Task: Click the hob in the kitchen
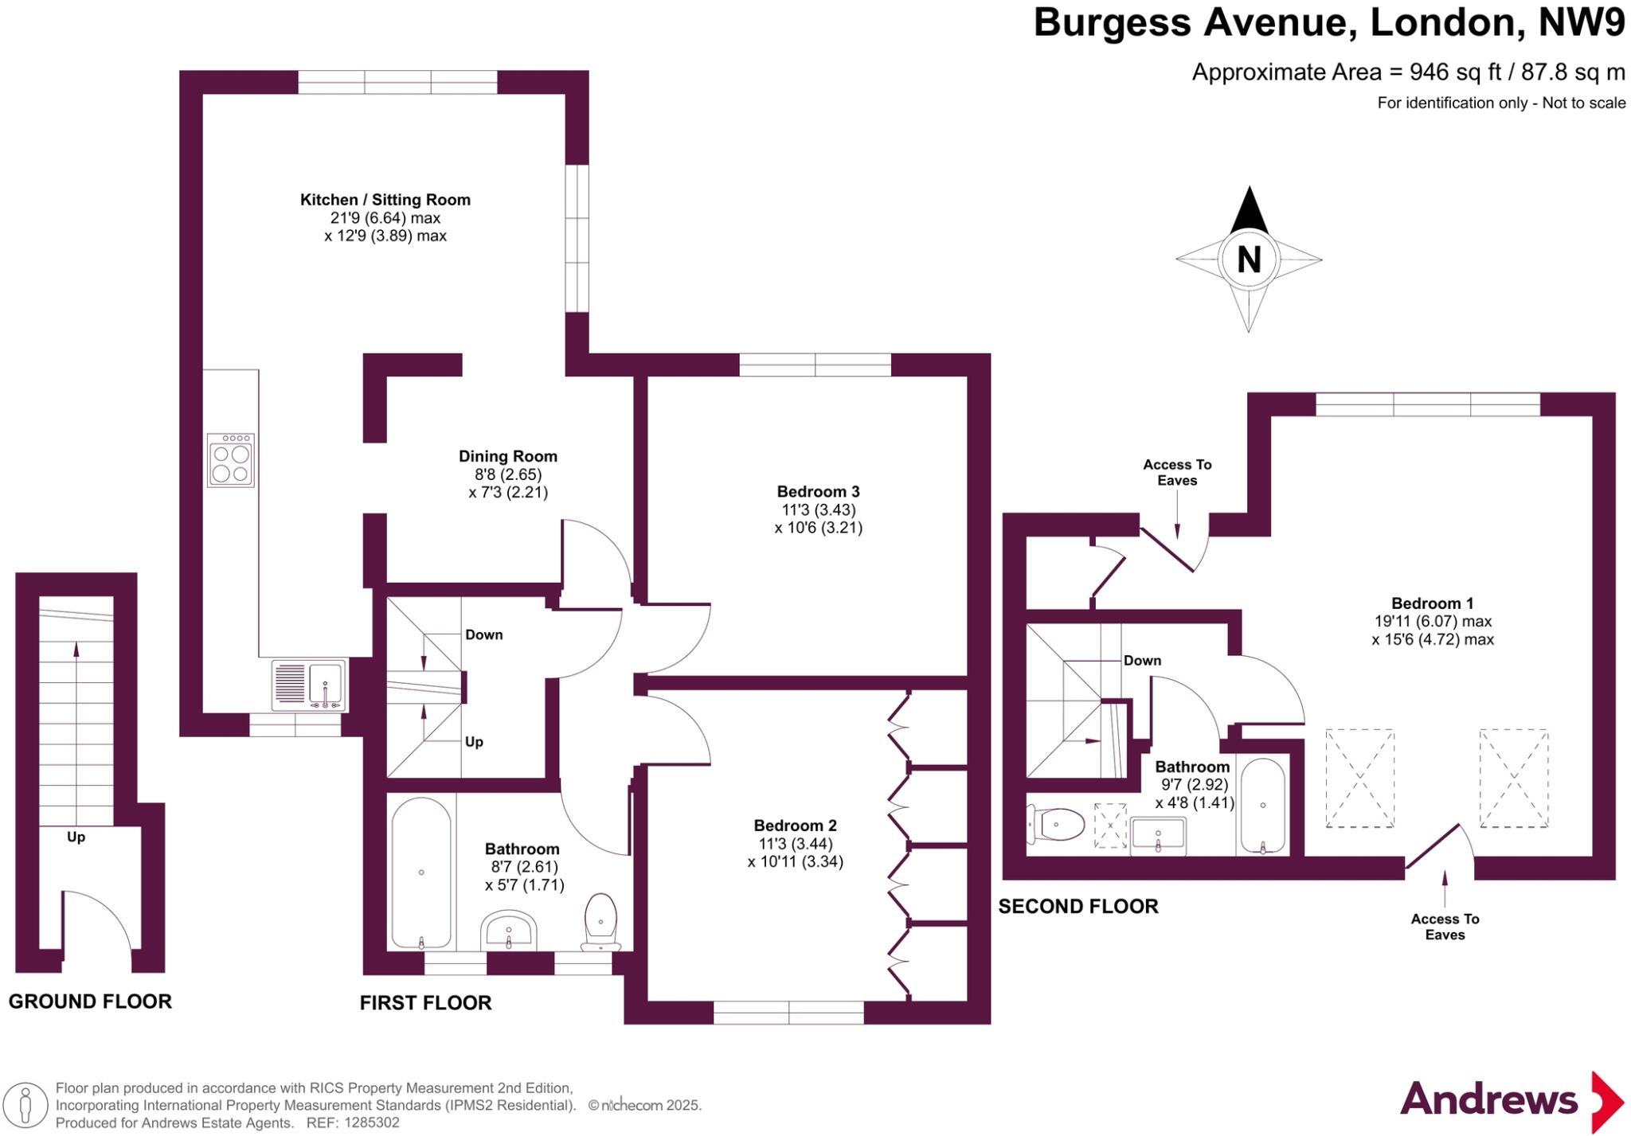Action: (231, 461)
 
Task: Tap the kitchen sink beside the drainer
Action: (325, 684)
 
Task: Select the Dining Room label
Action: (507, 456)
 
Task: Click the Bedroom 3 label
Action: (818, 491)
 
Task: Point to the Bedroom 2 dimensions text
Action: (795, 853)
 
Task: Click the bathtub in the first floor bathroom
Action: (421, 872)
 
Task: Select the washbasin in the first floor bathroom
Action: (509, 931)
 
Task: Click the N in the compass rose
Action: (1248, 260)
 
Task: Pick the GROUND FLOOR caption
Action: (90, 1001)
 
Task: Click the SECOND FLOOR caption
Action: (1078, 906)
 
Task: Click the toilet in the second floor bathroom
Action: (1058, 824)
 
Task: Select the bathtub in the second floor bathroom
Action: (1262, 806)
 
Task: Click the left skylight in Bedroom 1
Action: (1359, 778)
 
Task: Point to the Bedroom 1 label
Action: (1426, 603)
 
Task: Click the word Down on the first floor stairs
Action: (483, 634)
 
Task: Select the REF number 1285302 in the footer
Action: (371, 1122)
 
